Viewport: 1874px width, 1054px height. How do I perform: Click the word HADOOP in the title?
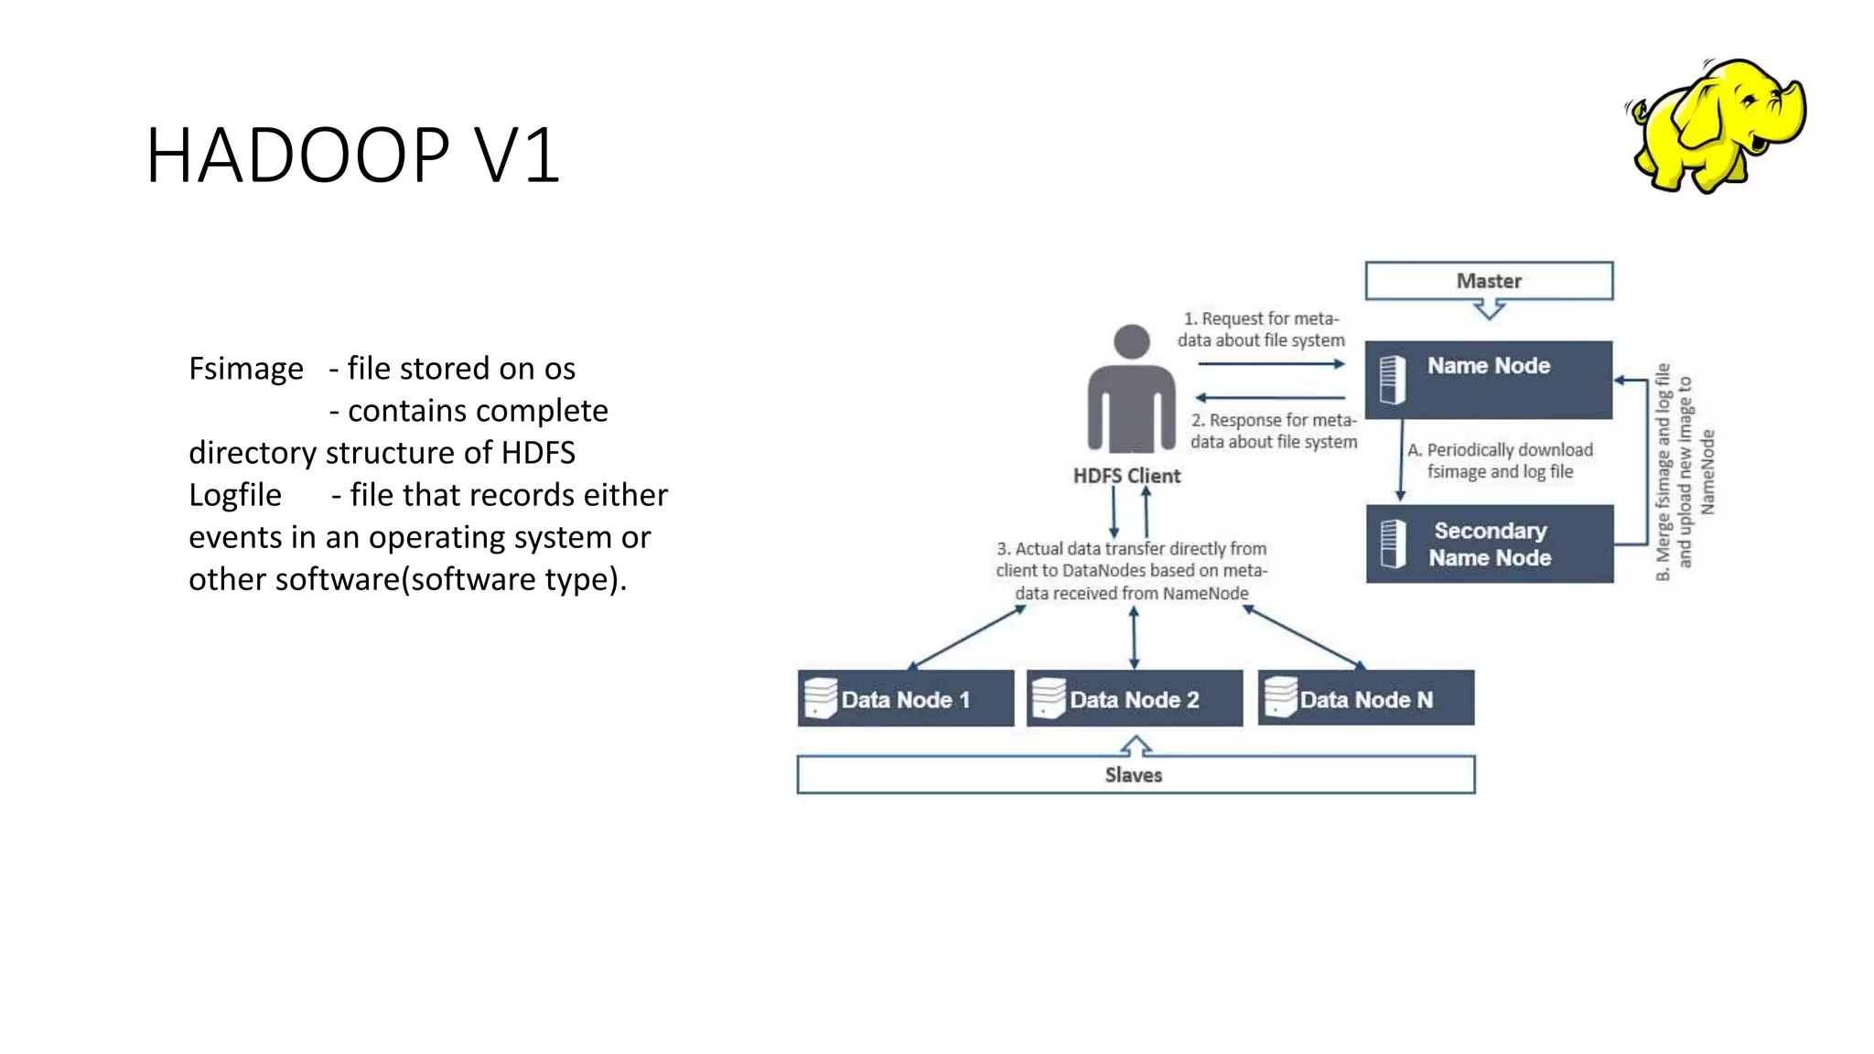point(297,156)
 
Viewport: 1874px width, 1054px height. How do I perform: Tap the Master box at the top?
point(1489,281)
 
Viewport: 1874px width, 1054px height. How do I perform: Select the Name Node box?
point(1489,379)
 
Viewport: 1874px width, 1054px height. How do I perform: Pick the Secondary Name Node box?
point(1489,543)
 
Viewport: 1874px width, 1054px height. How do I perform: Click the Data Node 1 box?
point(905,699)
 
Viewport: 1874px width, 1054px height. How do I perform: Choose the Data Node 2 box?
point(1134,699)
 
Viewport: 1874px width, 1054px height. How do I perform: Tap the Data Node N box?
point(1365,699)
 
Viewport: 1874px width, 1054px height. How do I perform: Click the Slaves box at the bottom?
point(1135,775)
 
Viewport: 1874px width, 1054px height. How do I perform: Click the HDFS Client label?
point(1126,476)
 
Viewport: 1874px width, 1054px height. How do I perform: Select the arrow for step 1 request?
point(1271,364)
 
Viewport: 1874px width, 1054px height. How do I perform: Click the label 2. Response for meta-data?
point(1274,431)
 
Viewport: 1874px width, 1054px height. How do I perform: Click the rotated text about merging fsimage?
point(1685,472)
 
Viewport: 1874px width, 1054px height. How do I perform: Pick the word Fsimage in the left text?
point(245,369)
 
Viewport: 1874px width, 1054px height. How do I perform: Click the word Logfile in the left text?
point(235,495)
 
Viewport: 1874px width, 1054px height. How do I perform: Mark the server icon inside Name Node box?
point(1392,379)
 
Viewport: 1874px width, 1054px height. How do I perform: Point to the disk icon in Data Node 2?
point(1049,698)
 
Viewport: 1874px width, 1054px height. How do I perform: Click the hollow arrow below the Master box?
point(1490,310)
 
